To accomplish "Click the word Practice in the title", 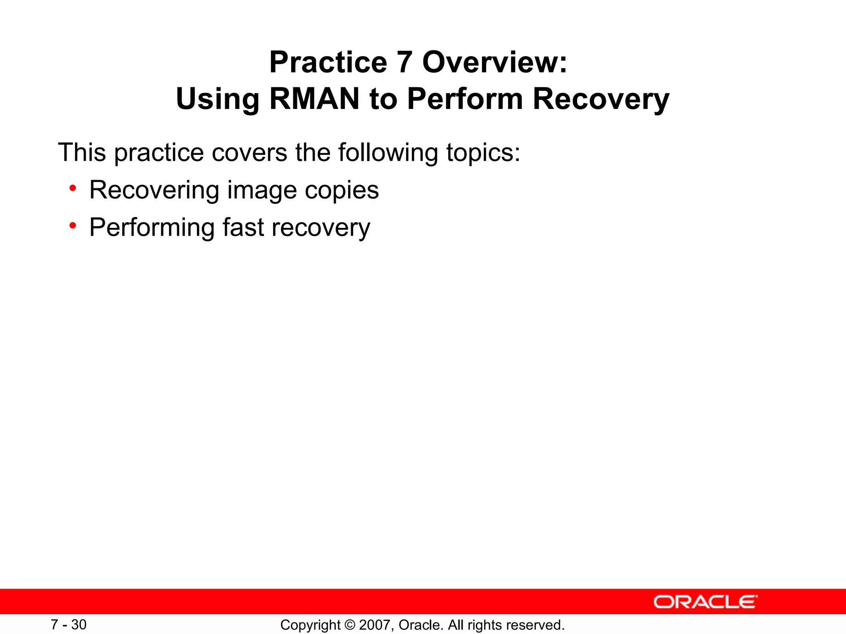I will [x=328, y=63].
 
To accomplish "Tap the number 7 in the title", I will [x=404, y=63].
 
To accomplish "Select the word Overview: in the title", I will [x=494, y=63].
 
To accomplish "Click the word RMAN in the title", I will [x=314, y=99].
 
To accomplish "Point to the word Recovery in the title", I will [x=601, y=99].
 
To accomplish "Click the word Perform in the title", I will [x=465, y=99].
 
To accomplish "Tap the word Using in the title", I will [x=218, y=99].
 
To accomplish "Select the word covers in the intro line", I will [x=250, y=153].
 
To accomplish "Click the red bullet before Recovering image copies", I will [x=73, y=189].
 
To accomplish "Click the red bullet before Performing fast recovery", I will [x=73, y=226].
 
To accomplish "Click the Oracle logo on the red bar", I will [x=705, y=602].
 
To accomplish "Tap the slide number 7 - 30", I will [x=69, y=625].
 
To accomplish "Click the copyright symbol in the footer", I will [x=350, y=625].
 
